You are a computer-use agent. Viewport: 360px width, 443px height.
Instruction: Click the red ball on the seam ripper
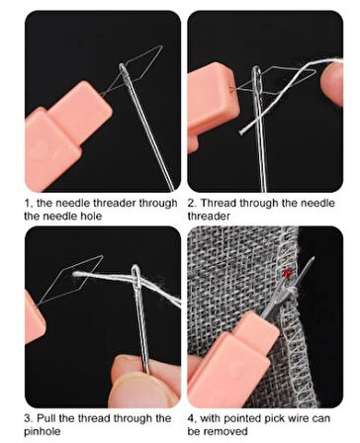click(287, 273)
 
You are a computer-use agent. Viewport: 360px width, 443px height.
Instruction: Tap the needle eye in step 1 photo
click(124, 70)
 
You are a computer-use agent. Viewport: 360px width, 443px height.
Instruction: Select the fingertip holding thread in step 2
click(332, 83)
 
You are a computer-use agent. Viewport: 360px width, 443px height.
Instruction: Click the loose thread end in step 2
click(241, 132)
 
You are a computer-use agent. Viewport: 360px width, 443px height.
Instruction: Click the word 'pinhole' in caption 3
click(43, 432)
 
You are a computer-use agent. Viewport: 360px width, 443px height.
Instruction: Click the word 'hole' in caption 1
click(91, 216)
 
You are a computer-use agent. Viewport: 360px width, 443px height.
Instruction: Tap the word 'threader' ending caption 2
click(209, 216)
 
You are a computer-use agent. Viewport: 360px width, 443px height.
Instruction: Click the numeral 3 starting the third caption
click(28, 418)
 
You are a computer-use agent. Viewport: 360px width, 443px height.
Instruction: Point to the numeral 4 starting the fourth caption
click(191, 418)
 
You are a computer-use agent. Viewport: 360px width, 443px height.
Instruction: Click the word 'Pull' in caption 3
click(46, 418)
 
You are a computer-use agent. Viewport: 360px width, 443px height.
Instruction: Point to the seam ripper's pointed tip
click(313, 257)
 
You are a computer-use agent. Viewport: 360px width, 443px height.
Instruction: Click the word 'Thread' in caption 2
click(219, 203)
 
